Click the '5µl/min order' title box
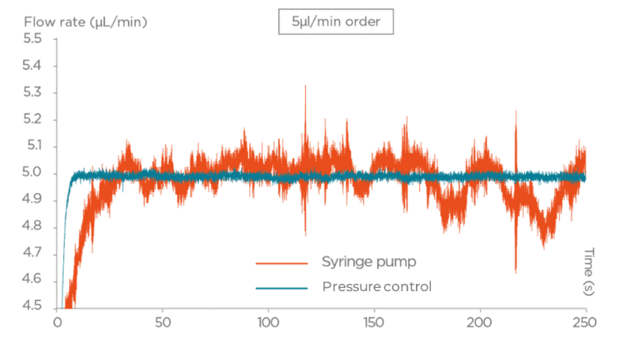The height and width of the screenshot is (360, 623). [335, 21]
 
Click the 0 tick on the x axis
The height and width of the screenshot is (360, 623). [57, 323]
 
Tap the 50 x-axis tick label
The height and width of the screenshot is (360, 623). [162, 323]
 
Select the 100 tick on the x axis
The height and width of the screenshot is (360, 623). [268, 323]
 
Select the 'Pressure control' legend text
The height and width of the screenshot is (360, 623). [376, 286]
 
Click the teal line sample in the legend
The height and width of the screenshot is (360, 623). [281, 287]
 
